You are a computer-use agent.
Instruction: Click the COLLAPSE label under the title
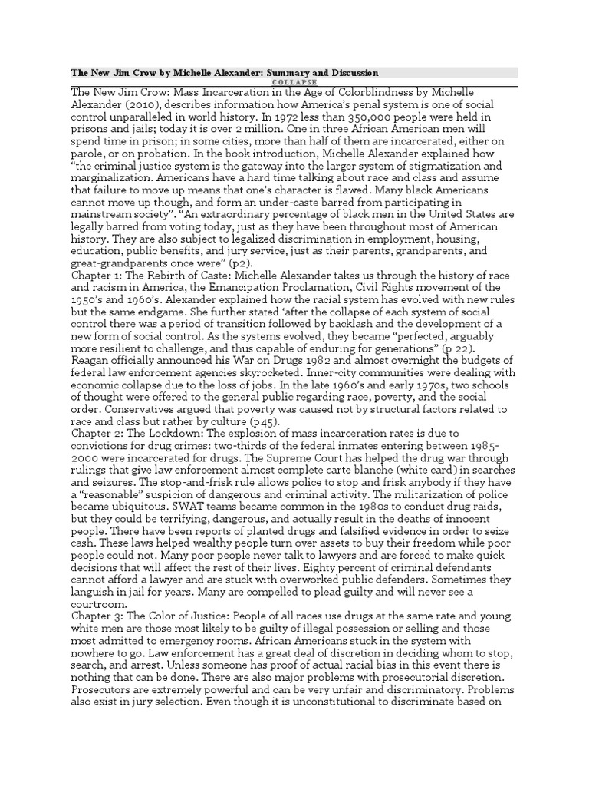click(x=294, y=82)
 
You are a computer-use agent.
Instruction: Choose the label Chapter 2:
click(x=99, y=433)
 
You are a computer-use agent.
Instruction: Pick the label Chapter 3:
click(x=99, y=617)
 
